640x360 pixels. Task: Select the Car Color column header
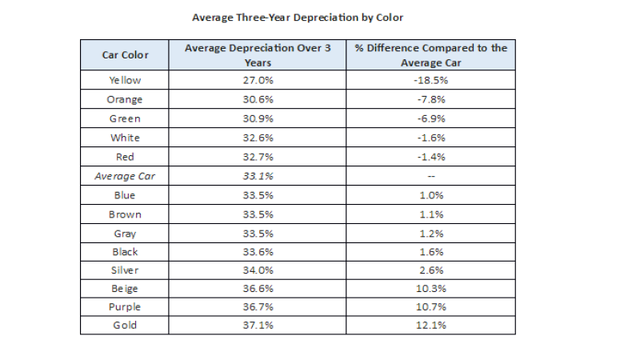click(x=125, y=55)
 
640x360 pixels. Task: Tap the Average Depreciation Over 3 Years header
click(x=258, y=54)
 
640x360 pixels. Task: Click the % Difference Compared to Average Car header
click(x=431, y=54)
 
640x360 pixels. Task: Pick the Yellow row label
click(x=125, y=80)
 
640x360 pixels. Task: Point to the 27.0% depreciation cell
click(x=258, y=80)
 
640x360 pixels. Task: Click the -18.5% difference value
click(x=431, y=80)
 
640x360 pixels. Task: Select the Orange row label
click(x=125, y=99)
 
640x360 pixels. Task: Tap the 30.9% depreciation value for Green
click(x=258, y=118)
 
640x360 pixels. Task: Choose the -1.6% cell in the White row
click(x=431, y=138)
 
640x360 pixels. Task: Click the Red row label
click(x=125, y=157)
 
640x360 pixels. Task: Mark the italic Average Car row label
click(x=125, y=176)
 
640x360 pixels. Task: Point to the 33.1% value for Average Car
click(x=258, y=176)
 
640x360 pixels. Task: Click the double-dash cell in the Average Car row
click(x=431, y=176)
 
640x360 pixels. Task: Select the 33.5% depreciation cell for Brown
click(x=258, y=214)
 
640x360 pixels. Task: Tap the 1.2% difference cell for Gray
click(x=431, y=234)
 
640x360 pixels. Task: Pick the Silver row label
click(x=125, y=270)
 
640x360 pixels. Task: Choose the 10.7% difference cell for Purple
click(x=431, y=307)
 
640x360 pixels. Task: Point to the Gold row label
click(x=125, y=326)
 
